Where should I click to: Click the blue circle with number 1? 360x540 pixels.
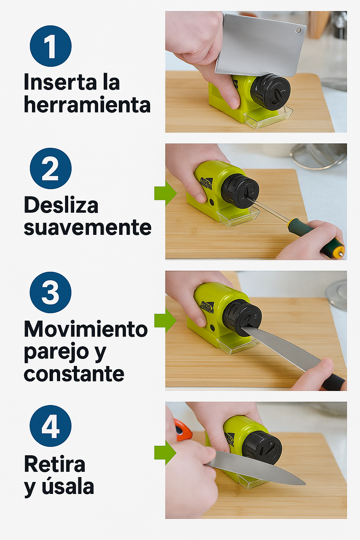click(x=51, y=46)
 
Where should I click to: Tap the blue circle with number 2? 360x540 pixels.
click(x=51, y=168)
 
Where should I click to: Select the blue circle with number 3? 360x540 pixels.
click(x=51, y=292)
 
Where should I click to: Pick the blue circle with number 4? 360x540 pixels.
click(x=51, y=426)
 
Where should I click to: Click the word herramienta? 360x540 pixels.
click(x=87, y=105)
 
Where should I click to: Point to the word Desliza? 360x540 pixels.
click(x=61, y=205)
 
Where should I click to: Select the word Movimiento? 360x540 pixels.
click(x=86, y=329)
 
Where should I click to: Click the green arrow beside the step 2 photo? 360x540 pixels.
click(x=166, y=193)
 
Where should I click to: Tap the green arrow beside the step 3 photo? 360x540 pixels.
click(x=166, y=321)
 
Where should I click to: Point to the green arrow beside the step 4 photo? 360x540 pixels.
click(x=166, y=452)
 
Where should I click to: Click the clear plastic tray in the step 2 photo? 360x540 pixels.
click(x=238, y=217)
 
